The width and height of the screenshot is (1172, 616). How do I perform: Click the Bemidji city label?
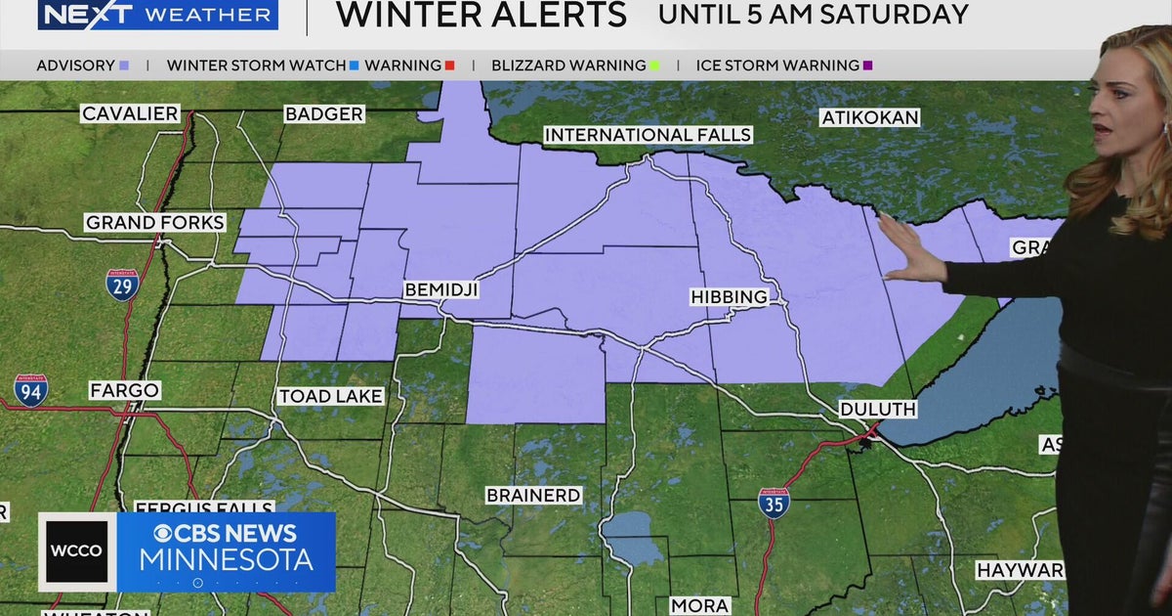[442, 290]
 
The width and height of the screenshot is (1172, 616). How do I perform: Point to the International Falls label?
[648, 135]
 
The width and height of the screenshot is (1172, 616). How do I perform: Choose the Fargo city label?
[124, 390]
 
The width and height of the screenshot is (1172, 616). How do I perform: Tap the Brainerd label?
[533, 496]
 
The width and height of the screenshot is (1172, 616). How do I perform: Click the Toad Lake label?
[330, 396]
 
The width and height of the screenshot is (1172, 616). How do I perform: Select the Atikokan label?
[870, 117]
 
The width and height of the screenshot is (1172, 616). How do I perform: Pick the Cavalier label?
[130, 114]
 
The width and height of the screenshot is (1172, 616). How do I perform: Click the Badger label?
[323, 114]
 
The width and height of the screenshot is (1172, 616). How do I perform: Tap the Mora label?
[699, 606]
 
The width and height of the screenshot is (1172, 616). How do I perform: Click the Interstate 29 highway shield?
[122, 285]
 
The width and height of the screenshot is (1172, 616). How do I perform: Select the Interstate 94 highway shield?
[30, 390]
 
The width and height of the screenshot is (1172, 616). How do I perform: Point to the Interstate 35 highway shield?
[774, 502]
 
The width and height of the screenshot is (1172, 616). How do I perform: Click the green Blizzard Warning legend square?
[654, 66]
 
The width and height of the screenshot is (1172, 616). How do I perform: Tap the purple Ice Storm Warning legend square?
[867, 66]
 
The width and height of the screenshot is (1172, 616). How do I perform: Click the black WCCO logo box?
[77, 551]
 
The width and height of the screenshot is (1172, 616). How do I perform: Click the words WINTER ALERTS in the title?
[481, 15]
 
